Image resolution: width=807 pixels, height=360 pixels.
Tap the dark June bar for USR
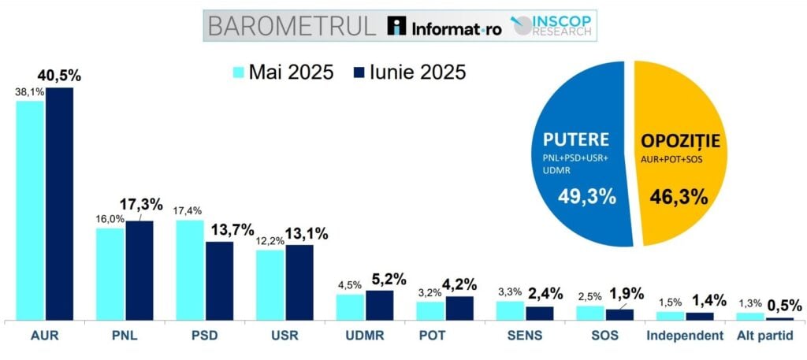[299, 282]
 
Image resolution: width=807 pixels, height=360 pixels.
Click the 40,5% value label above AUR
[60, 76]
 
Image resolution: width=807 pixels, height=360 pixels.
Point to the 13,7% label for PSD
[231, 230]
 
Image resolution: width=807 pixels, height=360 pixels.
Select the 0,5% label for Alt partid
[785, 305]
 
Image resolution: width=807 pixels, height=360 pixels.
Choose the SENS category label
[523, 336]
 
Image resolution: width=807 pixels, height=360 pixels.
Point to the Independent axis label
[685, 336]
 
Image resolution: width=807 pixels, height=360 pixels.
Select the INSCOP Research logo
[552, 24]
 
